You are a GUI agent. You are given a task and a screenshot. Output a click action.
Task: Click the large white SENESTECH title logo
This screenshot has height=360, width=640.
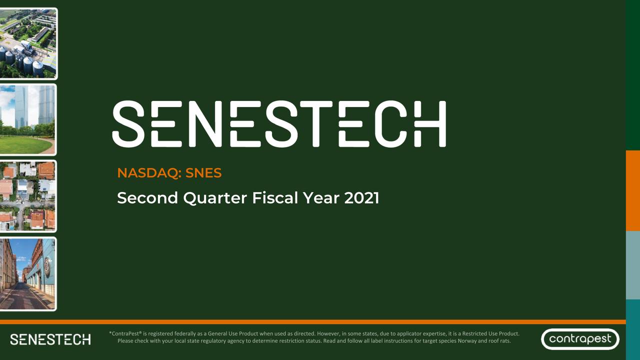[278, 124]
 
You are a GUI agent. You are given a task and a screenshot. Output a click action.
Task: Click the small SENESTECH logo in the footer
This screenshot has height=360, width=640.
[50, 339]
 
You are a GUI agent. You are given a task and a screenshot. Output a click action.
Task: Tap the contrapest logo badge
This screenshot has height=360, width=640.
[580, 339]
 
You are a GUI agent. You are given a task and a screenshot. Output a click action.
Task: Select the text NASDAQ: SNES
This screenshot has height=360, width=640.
[169, 173]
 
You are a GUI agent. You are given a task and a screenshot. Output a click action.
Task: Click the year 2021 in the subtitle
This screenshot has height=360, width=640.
[361, 198]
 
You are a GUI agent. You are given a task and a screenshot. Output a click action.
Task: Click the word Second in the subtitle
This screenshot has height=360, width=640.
[147, 198]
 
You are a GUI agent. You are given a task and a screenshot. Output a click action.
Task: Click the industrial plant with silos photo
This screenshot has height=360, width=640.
[28, 43]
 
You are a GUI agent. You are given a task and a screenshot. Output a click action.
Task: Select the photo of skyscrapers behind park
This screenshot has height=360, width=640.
[28, 119]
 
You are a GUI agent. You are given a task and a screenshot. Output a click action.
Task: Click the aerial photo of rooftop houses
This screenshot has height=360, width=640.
[28, 196]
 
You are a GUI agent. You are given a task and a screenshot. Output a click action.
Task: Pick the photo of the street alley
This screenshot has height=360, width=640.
[28, 274]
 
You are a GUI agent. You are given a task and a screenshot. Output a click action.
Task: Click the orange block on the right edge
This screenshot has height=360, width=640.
[633, 190]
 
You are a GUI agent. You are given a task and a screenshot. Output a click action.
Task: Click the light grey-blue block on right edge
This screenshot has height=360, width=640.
[633, 265]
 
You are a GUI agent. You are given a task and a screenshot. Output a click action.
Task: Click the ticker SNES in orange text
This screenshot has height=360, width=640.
[203, 173]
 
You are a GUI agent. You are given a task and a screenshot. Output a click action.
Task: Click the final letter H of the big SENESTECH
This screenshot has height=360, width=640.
[431, 124]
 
